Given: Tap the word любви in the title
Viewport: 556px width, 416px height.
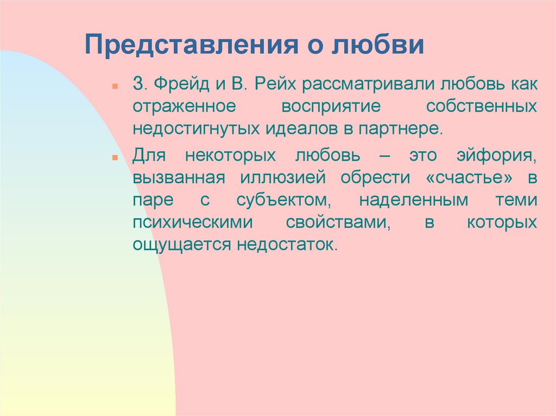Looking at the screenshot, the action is tap(378, 44).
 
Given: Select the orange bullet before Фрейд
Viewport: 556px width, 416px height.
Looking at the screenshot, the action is tap(115, 86).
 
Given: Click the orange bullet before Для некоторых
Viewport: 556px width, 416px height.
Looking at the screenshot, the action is tap(115, 157).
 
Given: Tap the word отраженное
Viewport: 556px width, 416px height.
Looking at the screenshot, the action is tap(185, 107).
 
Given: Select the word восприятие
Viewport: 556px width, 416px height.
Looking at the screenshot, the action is tap(331, 107).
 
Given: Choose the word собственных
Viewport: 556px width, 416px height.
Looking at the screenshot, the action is tap(482, 107).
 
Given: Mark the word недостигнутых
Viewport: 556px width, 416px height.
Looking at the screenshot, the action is tap(197, 129).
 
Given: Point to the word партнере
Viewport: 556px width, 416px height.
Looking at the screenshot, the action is tap(401, 129).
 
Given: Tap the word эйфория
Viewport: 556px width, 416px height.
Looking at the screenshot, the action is tap(497, 156).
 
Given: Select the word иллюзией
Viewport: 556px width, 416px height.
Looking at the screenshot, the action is tap(282, 178).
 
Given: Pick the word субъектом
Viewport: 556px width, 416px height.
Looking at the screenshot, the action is tap(283, 200).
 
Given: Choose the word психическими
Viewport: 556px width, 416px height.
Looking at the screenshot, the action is tap(193, 222).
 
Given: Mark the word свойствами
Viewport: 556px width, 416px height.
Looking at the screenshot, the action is tap(338, 222).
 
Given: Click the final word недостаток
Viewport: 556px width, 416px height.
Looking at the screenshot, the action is tap(287, 245).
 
